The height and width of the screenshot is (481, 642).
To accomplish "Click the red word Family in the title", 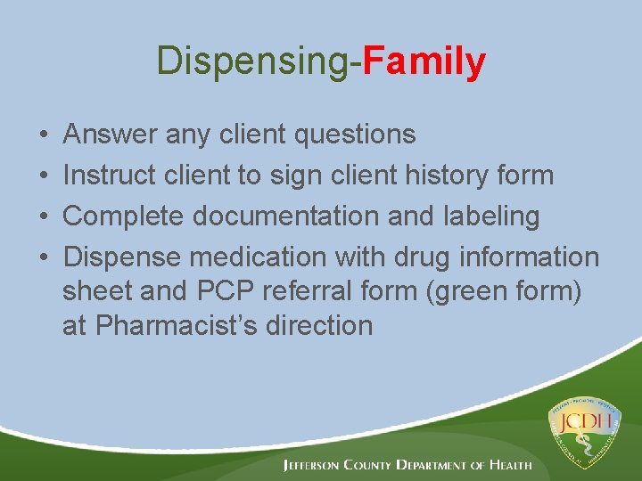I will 424,61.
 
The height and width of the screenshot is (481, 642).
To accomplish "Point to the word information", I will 529,257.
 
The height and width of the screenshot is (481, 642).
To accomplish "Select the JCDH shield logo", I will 587,432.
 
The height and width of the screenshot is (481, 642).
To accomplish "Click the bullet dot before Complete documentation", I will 45,217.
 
